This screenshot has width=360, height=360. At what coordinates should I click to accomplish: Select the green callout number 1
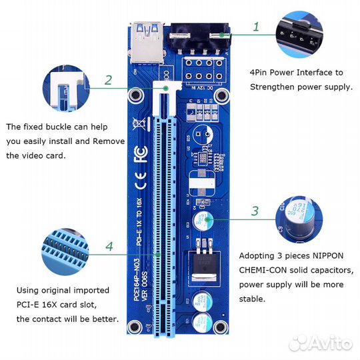tap(257, 27)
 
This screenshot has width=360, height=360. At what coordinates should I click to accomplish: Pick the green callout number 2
tap(108, 80)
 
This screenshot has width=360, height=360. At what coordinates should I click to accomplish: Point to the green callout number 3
tap(254, 211)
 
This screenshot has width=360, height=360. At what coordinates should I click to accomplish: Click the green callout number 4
tap(109, 246)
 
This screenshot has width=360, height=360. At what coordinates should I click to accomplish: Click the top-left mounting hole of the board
tap(137, 97)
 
